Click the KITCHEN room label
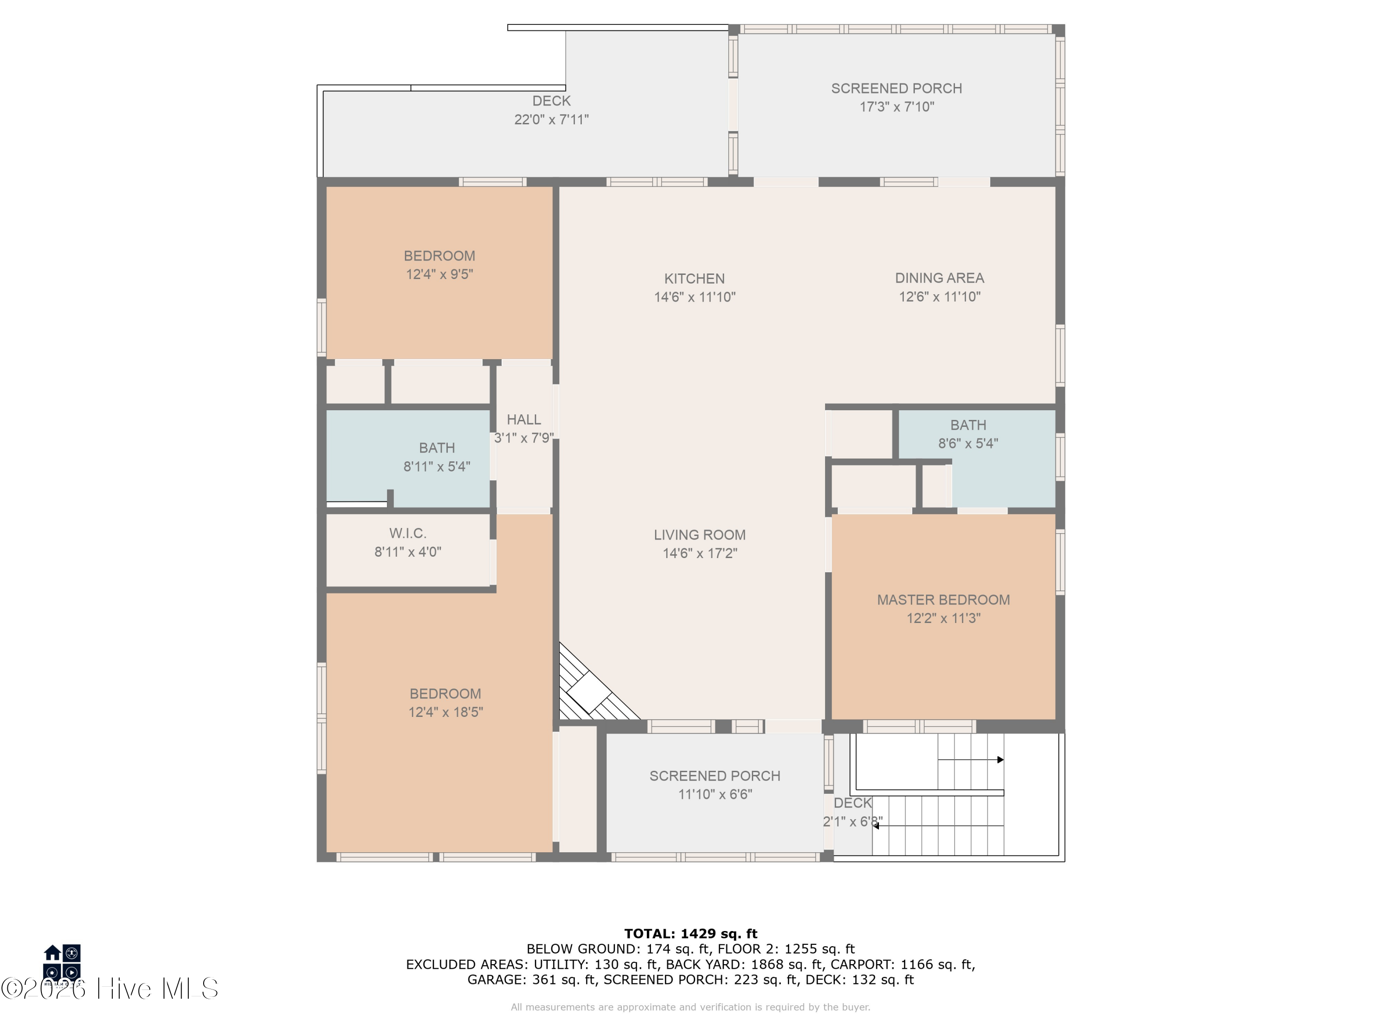pyautogui.click(x=694, y=279)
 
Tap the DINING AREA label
pyautogui.click(x=939, y=278)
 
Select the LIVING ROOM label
pyautogui.click(x=700, y=535)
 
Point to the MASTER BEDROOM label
pyautogui.click(x=943, y=599)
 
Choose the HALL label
pyautogui.click(x=524, y=419)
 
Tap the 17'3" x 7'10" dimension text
pyautogui.click(x=896, y=107)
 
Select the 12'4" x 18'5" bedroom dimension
pyautogui.click(x=445, y=712)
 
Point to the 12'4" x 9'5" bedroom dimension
pyautogui.click(x=439, y=274)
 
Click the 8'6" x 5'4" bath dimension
pyautogui.click(x=968, y=443)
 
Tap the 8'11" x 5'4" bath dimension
pyautogui.click(x=437, y=466)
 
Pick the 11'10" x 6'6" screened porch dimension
pyautogui.click(x=715, y=794)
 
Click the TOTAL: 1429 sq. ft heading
pyautogui.click(x=691, y=934)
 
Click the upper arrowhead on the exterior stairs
pyautogui.click(x=1000, y=760)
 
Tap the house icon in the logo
pyautogui.click(x=53, y=952)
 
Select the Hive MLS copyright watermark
pyautogui.click(x=109, y=989)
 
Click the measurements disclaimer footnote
pyautogui.click(x=691, y=1007)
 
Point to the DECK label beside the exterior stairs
pyautogui.click(x=852, y=803)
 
